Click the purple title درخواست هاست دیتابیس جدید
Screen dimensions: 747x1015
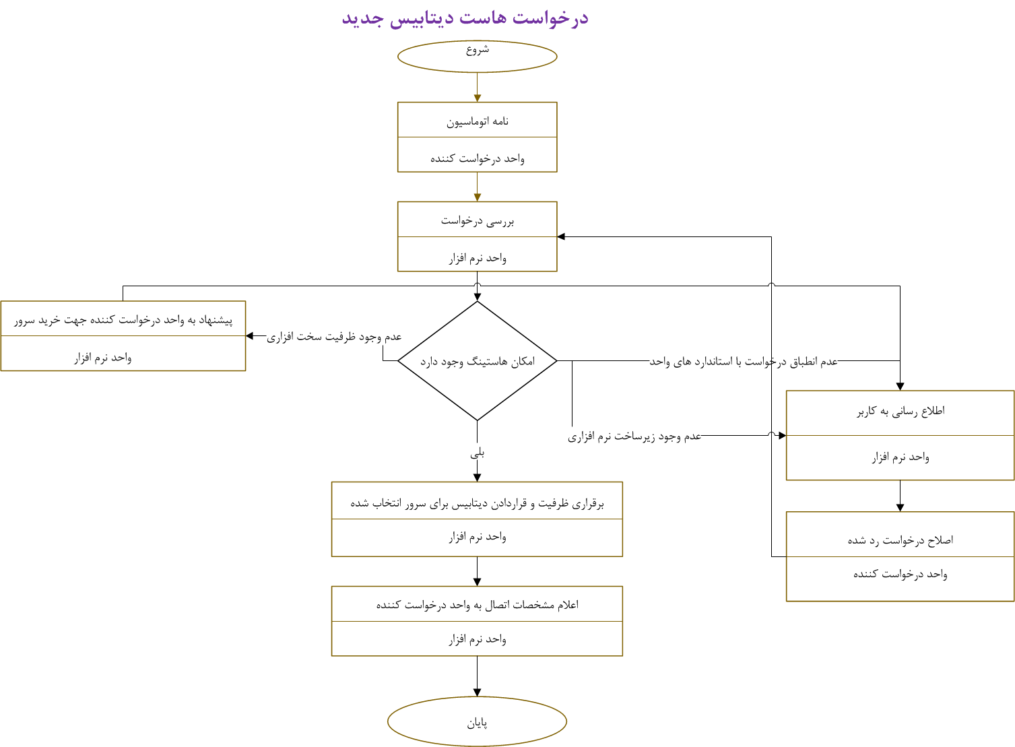[x=465, y=18]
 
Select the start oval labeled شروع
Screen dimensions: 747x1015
[x=477, y=56]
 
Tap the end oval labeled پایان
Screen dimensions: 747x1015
[x=477, y=721]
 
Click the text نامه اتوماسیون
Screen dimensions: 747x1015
[x=477, y=121]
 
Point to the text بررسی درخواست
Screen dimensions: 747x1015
[x=477, y=221]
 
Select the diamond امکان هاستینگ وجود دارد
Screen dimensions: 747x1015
[x=477, y=361]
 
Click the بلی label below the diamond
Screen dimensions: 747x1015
[x=477, y=453]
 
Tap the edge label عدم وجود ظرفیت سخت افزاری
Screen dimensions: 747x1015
[x=334, y=336]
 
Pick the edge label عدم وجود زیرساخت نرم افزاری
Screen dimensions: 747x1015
[x=634, y=436]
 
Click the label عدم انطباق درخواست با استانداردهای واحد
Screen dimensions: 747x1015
[x=744, y=362]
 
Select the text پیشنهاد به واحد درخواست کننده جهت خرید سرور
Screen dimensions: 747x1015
[x=123, y=320]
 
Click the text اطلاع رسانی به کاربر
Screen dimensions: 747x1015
[x=901, y=411]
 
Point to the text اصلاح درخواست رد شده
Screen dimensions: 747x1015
[x=901, y=540]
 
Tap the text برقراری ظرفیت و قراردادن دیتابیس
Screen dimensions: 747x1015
[x=477, y=503]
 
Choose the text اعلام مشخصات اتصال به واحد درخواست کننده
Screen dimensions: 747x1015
[x=477, y=605]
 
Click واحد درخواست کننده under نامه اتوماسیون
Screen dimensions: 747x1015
[x=477, y=158]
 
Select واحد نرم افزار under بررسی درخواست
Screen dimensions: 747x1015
[x=477, y=258]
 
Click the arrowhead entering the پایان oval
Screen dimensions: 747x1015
[x=477, y=692]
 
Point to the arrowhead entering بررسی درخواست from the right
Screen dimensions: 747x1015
[x=562, y=236]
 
